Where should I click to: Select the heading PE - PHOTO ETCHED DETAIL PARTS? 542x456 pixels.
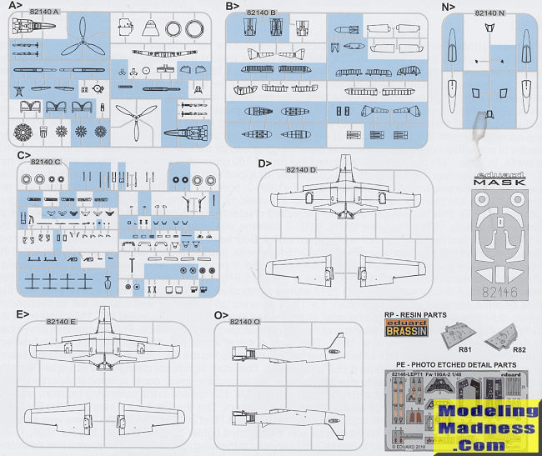[454, 365]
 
